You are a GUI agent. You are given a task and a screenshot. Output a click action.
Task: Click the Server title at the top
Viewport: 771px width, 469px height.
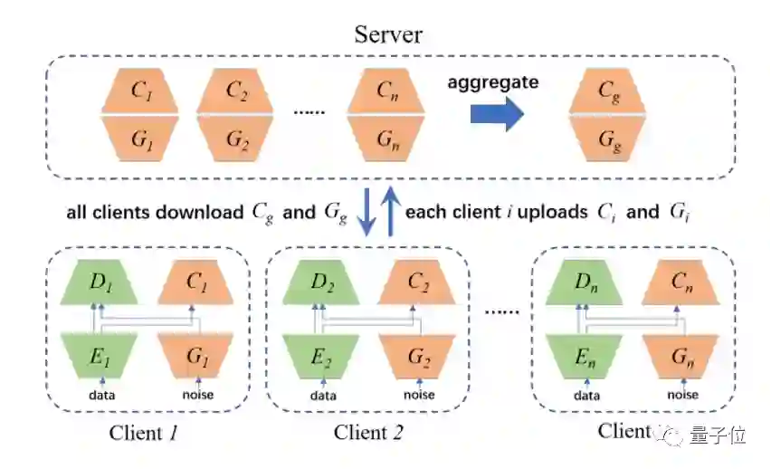[x=388, y=36]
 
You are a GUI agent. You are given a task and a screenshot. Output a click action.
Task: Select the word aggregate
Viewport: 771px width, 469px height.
[x=493, y=83]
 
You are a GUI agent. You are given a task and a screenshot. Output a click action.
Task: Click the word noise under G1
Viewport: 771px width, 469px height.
[x=196, y=394]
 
